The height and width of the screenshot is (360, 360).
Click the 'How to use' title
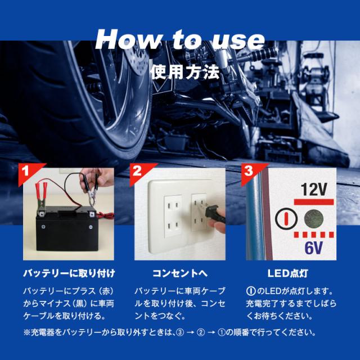180,39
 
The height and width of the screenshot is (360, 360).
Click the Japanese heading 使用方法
185,72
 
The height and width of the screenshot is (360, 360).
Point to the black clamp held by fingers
91,191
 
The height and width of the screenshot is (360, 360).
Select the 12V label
314,190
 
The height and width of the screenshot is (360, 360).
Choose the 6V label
314,247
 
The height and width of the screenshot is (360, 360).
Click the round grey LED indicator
314,218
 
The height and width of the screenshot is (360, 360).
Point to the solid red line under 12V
314,202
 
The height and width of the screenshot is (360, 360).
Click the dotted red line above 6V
314,235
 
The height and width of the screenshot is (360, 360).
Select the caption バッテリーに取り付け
69,273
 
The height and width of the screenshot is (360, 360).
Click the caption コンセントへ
180,273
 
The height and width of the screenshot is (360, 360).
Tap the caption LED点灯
287,273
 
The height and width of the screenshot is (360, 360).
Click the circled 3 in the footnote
180,332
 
